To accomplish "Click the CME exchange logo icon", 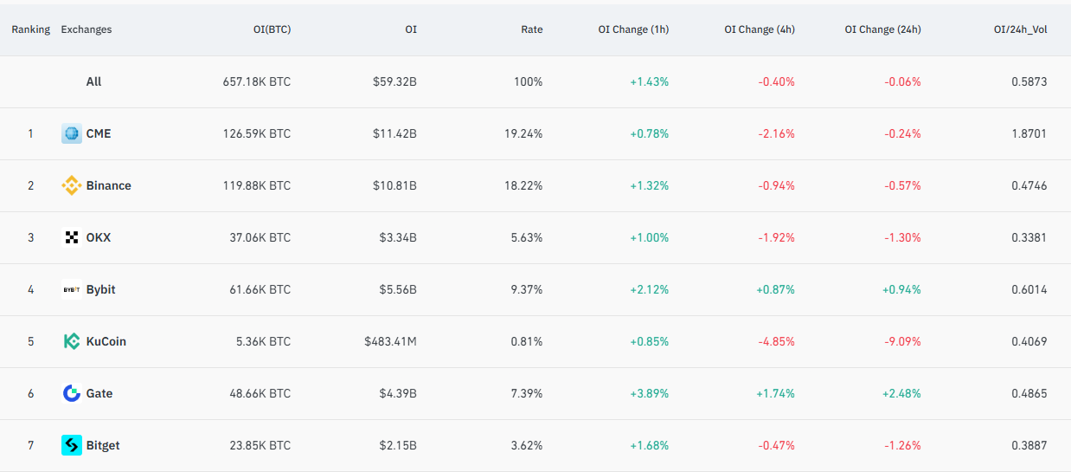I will pos(71,133).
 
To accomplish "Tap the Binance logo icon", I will pos(71,185).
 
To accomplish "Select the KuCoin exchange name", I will pos(106,341).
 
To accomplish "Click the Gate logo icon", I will pos(71,393).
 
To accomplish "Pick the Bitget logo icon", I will pos(71,445).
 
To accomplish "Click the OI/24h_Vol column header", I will pos(1020,29).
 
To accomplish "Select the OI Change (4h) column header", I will pos(759,29).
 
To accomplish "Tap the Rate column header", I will pos(531,29).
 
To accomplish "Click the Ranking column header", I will pos(30,29).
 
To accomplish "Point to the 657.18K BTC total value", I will pos(256,81).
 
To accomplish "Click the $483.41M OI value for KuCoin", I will pos(390,341).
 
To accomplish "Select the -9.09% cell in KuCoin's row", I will pos(902,341).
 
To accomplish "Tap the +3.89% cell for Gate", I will pos(649,393).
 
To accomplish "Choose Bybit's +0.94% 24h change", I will pos(901,289).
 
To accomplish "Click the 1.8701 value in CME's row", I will pos(1029,133).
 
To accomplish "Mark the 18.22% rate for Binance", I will pos(526,185).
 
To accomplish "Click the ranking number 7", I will pos(30,445).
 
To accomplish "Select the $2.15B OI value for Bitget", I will pos(398,445).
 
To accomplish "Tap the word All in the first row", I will pos(93,81).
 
